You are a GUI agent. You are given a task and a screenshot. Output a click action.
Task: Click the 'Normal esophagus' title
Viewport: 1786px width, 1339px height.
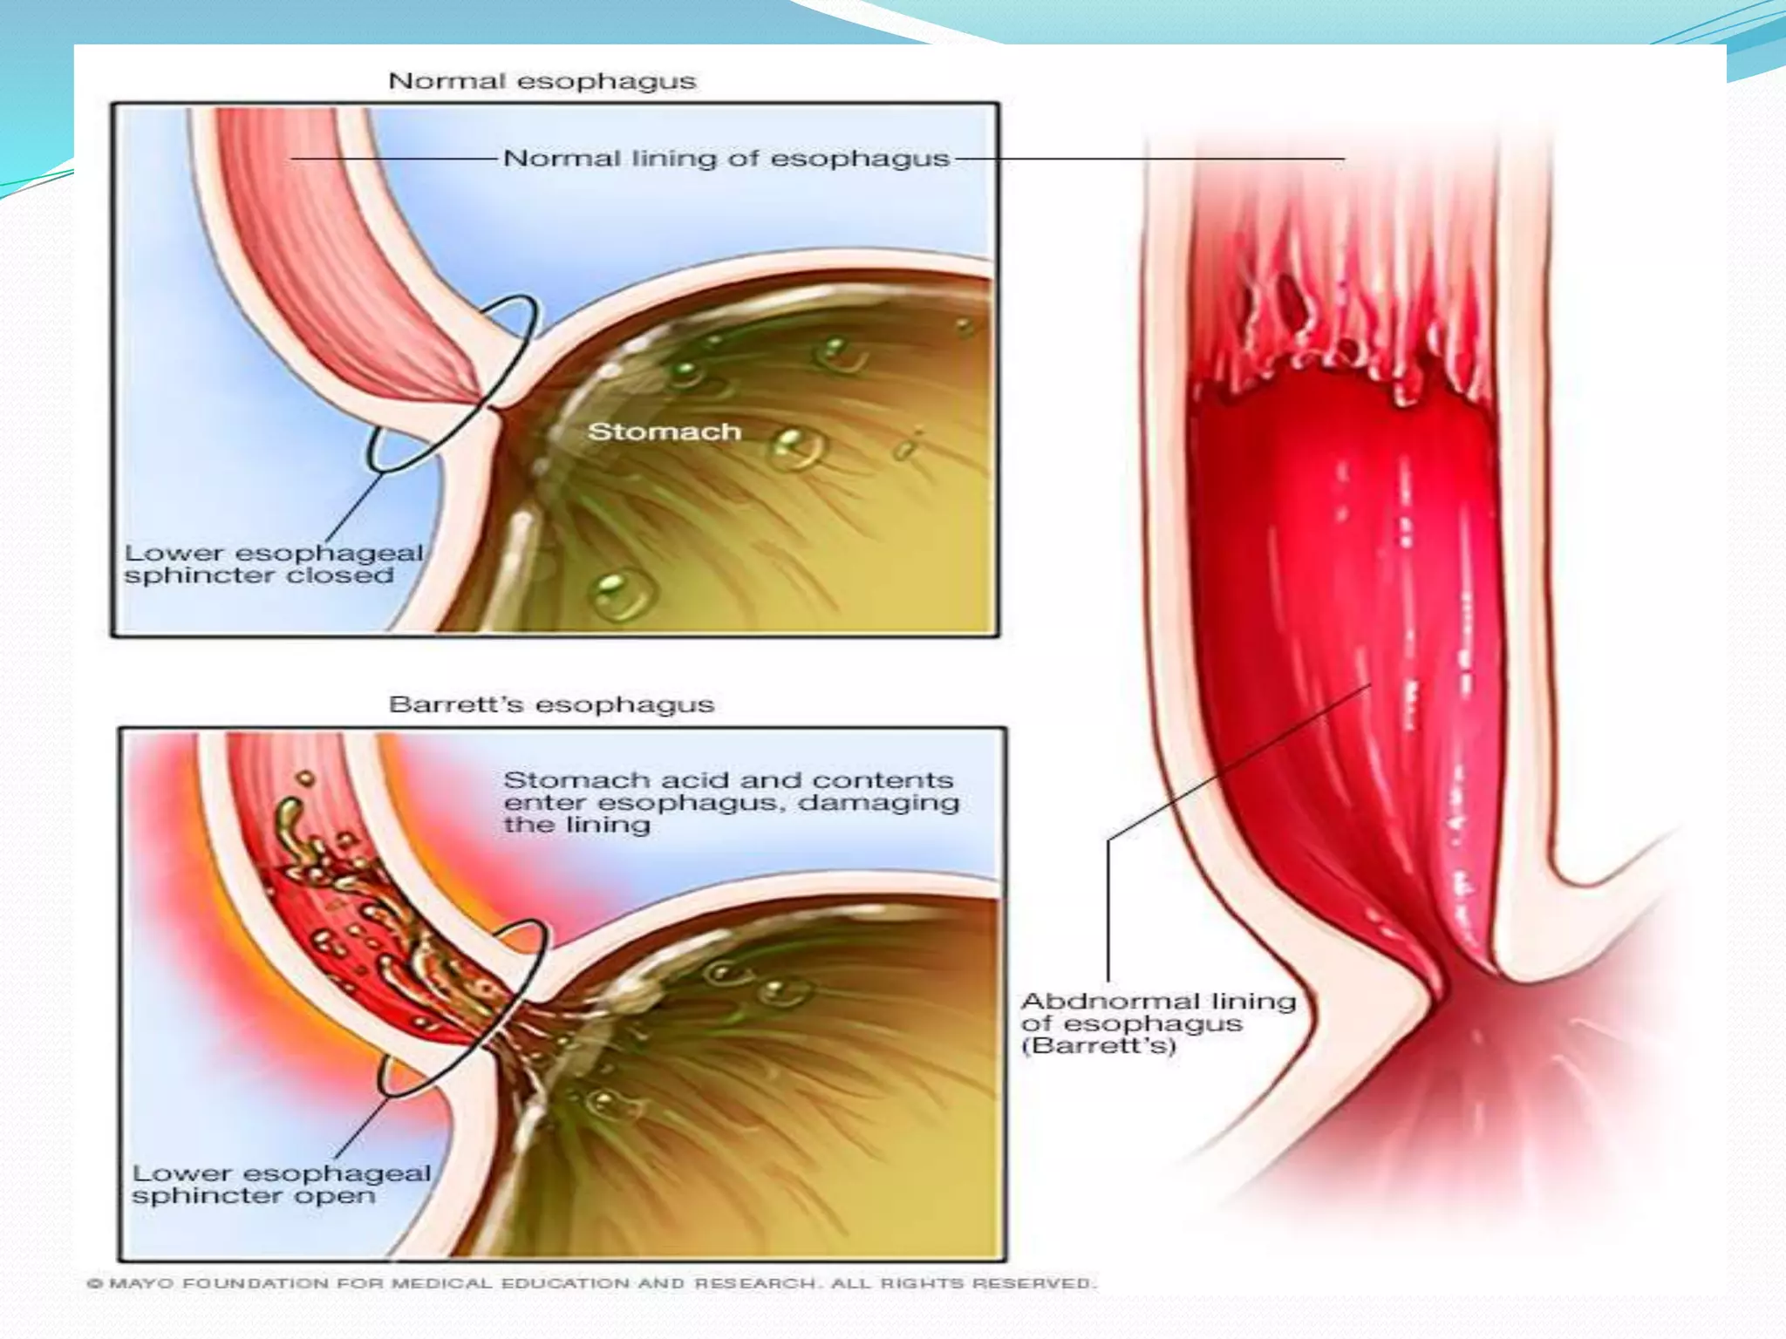point(542,81)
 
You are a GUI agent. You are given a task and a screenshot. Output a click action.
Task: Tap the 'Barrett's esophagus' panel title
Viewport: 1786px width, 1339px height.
point(551,704)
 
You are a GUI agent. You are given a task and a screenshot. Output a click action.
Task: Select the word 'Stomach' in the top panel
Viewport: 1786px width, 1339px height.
point(664,432)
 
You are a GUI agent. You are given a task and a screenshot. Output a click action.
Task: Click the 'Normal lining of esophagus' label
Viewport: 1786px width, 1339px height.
point(726,159)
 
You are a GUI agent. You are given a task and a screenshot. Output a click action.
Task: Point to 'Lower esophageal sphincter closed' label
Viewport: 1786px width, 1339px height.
point(273,564)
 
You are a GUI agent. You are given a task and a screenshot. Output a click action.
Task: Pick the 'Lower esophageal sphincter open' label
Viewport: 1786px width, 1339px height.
point(281,1184)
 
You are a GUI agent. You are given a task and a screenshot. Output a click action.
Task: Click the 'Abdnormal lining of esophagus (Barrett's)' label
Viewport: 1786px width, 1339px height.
point(1158,1023)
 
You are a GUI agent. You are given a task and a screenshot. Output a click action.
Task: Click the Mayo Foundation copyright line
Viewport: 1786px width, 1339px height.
point(590,1283)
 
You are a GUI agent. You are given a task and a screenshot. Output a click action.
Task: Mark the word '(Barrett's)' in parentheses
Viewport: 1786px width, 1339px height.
point(1098,1045)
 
